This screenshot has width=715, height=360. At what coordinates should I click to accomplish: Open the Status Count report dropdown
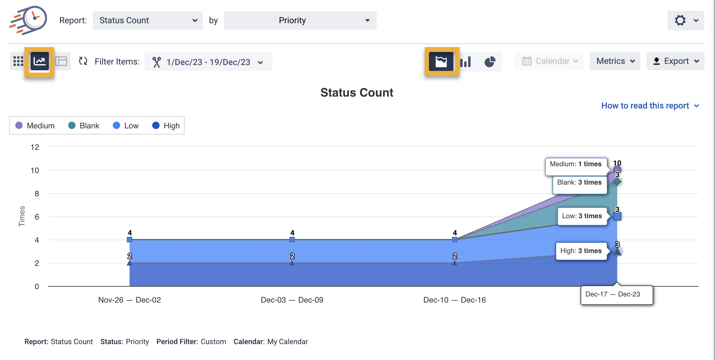(148, 20)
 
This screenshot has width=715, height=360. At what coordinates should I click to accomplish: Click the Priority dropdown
(300, 20)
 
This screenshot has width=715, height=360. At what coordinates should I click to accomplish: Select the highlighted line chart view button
(40, 61)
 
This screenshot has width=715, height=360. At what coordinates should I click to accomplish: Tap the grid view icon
(18, 61)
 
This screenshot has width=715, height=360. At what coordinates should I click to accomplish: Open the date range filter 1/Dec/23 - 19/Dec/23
(208, 62)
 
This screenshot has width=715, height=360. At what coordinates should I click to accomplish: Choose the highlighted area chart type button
(441, 61)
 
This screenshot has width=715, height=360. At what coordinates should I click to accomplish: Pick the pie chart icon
(490, 61)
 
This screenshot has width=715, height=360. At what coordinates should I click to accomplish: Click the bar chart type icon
(466, 61)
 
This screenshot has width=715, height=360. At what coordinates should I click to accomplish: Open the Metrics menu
(615, 61)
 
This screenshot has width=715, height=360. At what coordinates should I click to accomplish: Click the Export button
(675, 61)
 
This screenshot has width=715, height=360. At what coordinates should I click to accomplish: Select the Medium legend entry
(35, 126)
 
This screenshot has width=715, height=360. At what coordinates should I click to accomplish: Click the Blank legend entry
(84, 126)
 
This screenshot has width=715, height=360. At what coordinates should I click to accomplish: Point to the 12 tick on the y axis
(35, 147)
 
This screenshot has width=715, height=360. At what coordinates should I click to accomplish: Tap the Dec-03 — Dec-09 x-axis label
(292, 300)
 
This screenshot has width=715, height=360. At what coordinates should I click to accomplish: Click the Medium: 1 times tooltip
(576, 164)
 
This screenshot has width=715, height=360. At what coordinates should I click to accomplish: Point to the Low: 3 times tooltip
(582, 216)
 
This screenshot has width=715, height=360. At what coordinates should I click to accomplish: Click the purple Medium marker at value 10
(617, 170)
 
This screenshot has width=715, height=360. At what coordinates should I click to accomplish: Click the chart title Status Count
(357, 93)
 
